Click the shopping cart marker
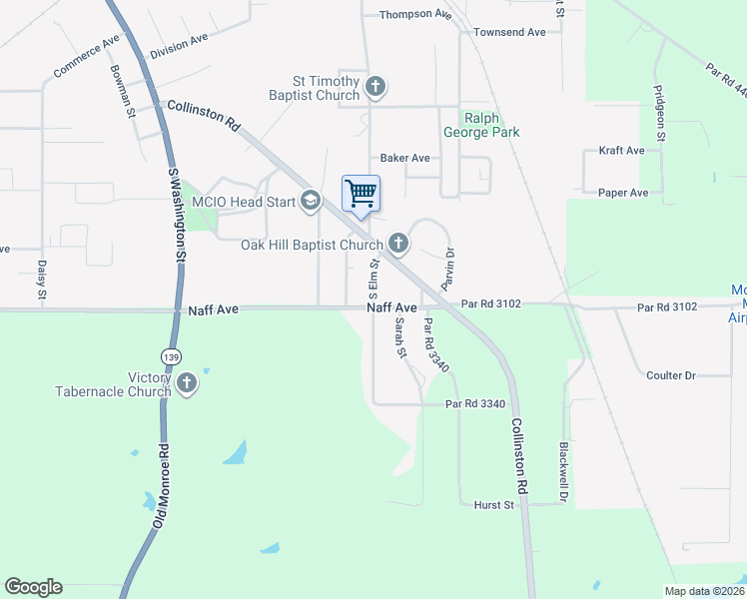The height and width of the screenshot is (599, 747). point(361,193)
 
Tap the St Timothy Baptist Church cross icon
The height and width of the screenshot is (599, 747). point(375,87)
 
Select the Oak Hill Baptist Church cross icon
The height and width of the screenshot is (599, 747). point(398,244)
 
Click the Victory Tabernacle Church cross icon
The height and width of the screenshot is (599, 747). point(186,383)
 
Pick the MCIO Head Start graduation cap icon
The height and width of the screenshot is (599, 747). point(311,202)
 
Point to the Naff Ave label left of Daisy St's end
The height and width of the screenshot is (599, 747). point(213,310)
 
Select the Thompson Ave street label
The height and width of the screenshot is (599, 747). point(415,14)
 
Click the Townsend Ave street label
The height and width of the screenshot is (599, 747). point(509,32)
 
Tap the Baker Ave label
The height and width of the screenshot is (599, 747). point(404,158)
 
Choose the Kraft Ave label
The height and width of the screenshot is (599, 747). point(622,151)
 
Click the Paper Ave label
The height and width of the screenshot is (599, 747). point(623,193)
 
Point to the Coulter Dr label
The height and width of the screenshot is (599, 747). point(670,375)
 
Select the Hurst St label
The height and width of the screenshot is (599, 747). point(493,505)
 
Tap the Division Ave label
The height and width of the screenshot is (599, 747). point(179,46)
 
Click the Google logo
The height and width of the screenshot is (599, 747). point(33,587)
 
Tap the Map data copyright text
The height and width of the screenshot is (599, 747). point(703,591)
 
